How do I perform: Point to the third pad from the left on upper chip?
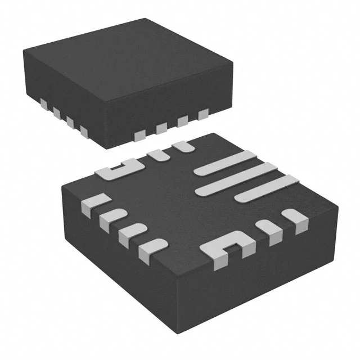tap(70, 123)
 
